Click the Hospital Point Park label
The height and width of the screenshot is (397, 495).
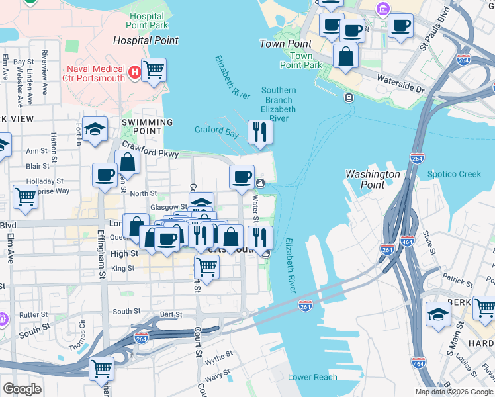147,20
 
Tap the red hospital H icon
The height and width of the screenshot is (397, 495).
135,71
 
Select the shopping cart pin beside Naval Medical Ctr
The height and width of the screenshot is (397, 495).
154,69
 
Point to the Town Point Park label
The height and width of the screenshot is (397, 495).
301,60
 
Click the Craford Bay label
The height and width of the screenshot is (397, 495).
216,130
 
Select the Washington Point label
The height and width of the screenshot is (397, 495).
373,179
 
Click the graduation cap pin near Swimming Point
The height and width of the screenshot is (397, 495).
97,129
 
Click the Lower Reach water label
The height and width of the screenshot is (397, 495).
312,378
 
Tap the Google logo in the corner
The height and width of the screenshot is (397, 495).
22,389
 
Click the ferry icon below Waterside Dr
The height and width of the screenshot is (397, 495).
348,98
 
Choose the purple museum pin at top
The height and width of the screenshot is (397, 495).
382,9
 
